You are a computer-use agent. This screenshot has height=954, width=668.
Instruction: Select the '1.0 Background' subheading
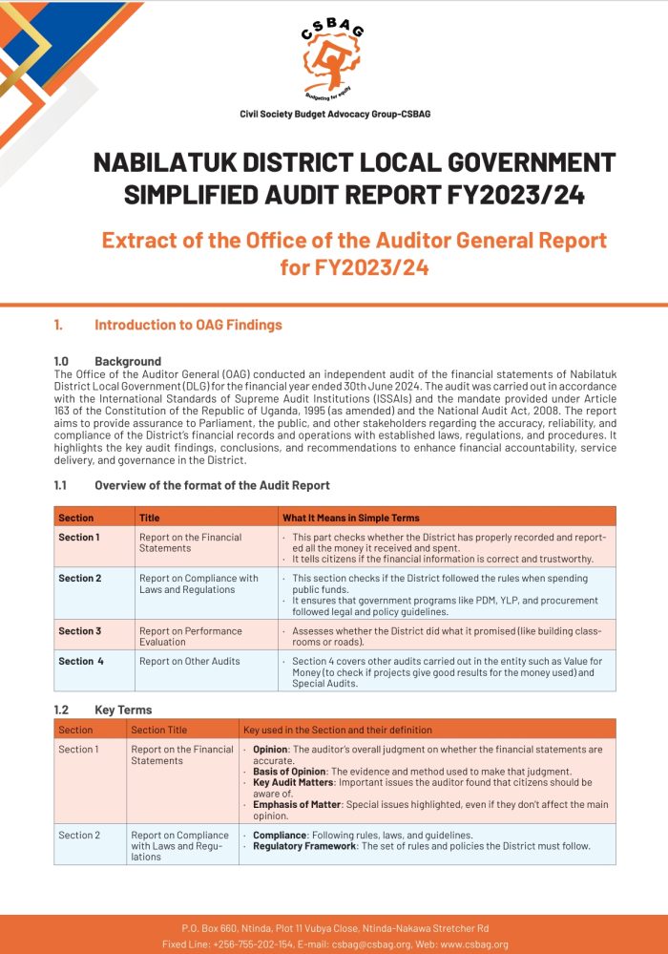[x=108, y=362]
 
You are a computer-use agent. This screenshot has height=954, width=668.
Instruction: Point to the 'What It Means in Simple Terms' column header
[x=351, y=518]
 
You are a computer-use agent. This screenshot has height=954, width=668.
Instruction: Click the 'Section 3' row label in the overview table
[x=79, y=631]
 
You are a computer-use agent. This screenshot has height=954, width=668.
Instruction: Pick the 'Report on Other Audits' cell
[x=190, y=661]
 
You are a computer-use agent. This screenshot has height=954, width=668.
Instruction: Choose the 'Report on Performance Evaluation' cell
[x=190, y=636]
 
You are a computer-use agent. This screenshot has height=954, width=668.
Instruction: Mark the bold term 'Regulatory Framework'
[x=304, y=846]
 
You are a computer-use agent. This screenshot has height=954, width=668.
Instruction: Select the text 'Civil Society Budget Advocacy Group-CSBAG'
[x=335, y=114]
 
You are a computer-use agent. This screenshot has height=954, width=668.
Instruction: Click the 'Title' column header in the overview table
[x=150, y=518]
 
